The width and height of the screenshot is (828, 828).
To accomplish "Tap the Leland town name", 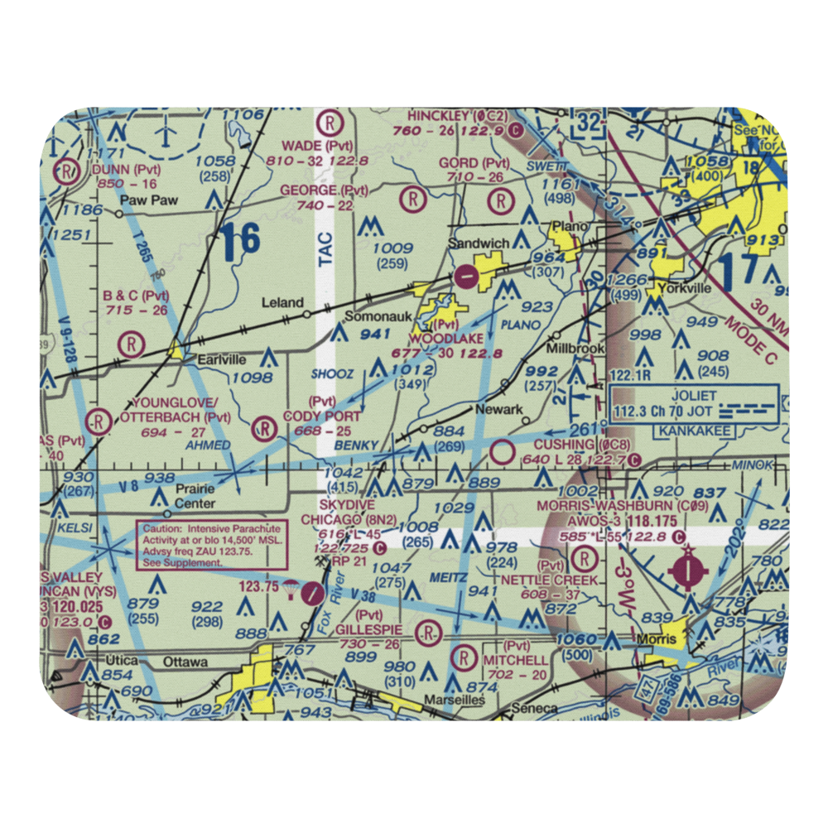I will click(x=282, y=302).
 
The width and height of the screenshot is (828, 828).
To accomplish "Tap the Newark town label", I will click(x=498, y=410).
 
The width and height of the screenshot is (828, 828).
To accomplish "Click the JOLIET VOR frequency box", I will click(x=693, y=402).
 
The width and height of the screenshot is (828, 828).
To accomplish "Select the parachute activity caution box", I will click(x=212, y=544).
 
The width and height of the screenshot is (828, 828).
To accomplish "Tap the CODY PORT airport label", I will click(x=322, y=416).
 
